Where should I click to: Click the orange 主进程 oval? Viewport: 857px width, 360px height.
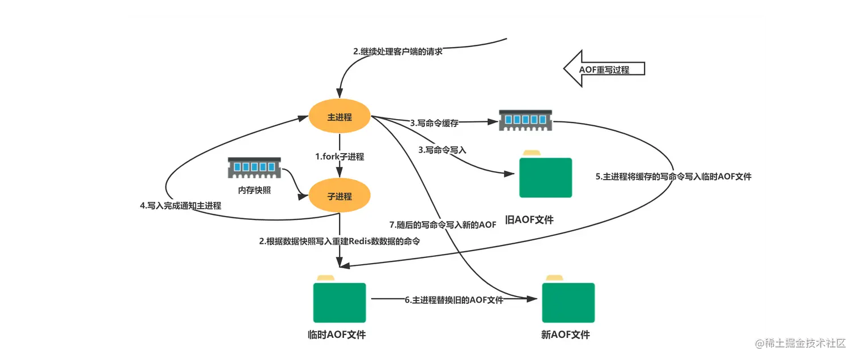point(340,117)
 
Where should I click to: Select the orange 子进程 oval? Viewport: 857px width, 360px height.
point(340,197)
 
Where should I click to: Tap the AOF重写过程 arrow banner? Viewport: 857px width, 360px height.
point(604,69)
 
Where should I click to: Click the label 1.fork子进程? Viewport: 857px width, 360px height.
point(340,156)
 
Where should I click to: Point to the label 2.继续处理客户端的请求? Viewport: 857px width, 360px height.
point(397,52)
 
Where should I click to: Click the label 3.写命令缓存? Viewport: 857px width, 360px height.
point(434,122)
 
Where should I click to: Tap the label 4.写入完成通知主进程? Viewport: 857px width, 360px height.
point(180,206)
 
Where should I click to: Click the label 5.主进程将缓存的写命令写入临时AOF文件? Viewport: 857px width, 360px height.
point(673,176)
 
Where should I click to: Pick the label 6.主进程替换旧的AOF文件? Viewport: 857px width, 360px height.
point(454,300)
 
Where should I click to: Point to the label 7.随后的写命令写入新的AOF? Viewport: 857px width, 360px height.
point(443,225)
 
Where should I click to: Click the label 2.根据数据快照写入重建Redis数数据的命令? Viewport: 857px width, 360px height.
point(339,241)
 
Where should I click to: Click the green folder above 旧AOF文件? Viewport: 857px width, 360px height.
point(546,176)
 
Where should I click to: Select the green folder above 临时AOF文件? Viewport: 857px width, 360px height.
point(340,300)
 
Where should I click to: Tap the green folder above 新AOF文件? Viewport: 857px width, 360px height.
point(568,300)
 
